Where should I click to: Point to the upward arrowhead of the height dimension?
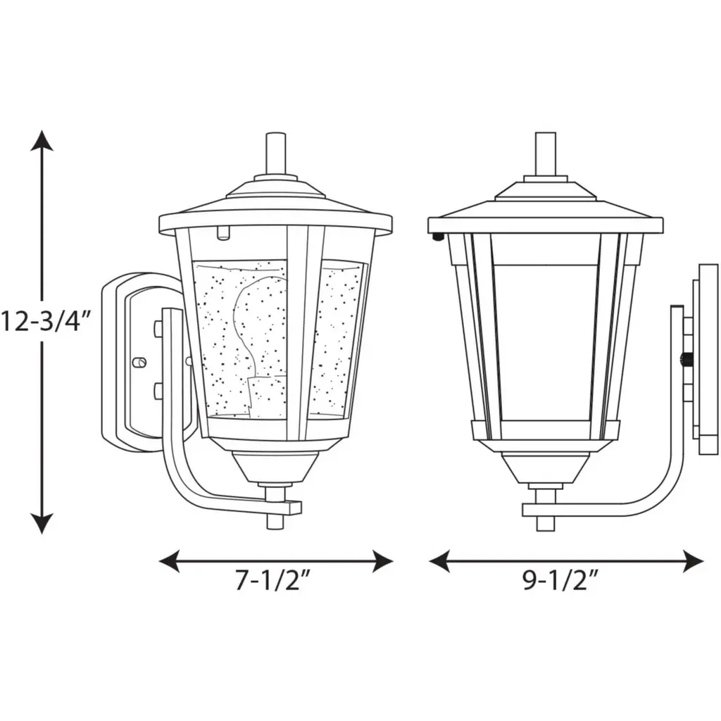pos(42,140)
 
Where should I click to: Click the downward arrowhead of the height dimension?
pos(42,523)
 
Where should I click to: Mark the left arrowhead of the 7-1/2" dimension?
pos(169,561)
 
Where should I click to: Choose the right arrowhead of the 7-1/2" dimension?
pos(383,561)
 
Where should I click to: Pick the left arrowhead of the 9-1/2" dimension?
pos(439,561)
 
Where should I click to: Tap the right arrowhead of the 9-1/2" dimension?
pos(694,561)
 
